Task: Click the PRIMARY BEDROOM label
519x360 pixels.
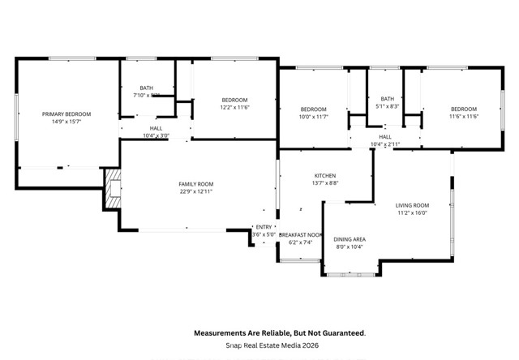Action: point(66,114)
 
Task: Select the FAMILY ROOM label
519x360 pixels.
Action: point(196,184)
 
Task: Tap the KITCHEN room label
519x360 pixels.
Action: point(326,175)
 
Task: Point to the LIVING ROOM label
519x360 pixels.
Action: point(412,205)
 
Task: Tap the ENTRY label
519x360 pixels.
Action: point(264,227)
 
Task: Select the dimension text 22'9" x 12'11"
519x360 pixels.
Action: point(196,192)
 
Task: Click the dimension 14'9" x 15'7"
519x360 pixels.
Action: point(66,122)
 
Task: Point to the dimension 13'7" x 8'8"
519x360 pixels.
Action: point(326,183)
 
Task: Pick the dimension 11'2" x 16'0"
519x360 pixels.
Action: point(412,213)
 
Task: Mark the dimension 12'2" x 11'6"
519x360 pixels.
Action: point(234,107)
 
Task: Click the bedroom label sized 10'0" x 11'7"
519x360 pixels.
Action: point(313,109)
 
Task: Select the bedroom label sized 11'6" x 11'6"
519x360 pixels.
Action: point(464,109)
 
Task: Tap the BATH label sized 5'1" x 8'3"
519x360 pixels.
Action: point(388,99)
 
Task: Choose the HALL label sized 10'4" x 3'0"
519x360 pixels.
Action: point(156,128)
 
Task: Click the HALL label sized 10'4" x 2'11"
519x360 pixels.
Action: point(385,136)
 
